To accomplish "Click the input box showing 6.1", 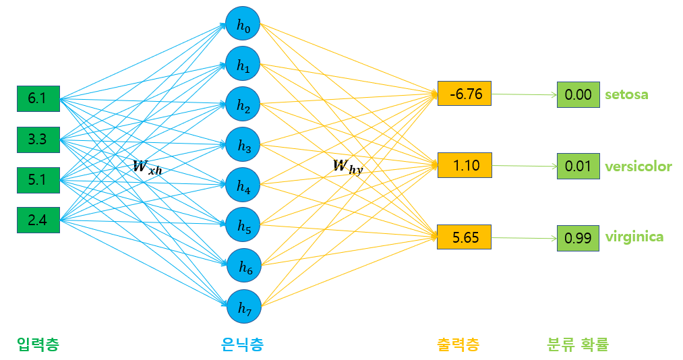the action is (38, 99).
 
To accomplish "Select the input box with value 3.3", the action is (38, 140).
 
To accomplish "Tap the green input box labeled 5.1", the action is (38, 180).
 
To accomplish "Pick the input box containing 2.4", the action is (38, 220).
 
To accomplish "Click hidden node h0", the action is (243, 24).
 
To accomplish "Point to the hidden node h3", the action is (243, 144).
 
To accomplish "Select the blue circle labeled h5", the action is (243, 225).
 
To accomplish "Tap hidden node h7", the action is (244, 307).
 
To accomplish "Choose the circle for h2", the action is (243, 104).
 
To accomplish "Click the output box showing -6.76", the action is (465, 94).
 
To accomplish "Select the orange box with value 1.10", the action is (465, 165).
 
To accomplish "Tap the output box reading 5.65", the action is (465, 237).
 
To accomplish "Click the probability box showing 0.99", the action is (578, 238).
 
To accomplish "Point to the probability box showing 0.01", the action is (578, 167).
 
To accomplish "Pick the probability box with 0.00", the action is (578, 94).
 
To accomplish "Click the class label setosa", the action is (626, 94).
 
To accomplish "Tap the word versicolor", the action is (639, 167).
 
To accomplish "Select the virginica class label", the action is (634, 237).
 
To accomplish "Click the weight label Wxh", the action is (147, 167).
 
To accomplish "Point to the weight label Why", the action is (348, 167).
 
